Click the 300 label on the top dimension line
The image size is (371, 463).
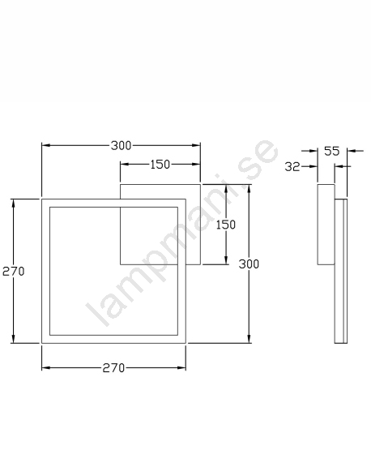pos(121,146)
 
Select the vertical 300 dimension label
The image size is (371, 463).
pos(249,264)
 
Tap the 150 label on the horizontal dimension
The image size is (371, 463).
pos(160,165)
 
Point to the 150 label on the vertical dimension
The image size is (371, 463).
pos(226,225)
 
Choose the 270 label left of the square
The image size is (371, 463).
pos(13,271)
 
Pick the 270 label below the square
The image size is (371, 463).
pos(113,368)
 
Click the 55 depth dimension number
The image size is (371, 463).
pos(332,151)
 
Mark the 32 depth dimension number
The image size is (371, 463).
pos(292,167)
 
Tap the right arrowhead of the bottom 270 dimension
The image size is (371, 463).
pos(181,367)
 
